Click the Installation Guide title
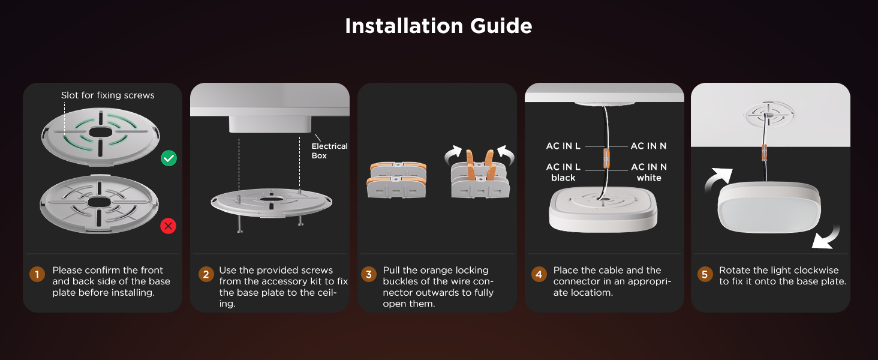438,26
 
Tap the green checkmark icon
169,158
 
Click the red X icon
168,226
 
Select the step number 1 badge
37,274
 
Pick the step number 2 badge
206,274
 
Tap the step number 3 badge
368,274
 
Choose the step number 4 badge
539,274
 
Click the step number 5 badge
705,274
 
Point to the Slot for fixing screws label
108,95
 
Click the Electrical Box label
329,151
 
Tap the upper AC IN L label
563,146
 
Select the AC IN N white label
649,172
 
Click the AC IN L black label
563,172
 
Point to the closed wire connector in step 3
396,179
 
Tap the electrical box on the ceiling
270,124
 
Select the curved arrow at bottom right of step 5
827,238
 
